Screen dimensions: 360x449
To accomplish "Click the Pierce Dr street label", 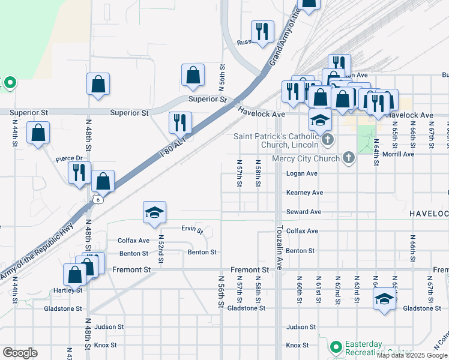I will point(68,159).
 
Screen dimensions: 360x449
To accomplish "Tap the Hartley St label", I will point(71,290).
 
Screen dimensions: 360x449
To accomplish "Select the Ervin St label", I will point(192,229).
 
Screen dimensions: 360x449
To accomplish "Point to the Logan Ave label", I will point(301,173).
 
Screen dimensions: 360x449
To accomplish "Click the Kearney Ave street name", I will point(304,193).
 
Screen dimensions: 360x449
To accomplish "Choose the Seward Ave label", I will point(304,212).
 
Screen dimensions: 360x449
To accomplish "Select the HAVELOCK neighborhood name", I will point(429,214).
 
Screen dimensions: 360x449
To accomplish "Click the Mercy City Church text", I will point(306,159).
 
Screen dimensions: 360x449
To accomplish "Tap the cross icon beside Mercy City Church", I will point(348,159).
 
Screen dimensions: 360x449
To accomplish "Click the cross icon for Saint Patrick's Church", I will point(327,140).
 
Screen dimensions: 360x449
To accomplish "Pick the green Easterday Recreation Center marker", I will point(336,347).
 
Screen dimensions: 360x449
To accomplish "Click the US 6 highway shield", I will point(98,199).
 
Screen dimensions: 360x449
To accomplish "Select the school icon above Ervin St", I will point(154,212).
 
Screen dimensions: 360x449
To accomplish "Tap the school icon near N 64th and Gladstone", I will point(384,299).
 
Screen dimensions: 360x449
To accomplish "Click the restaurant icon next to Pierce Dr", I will point(79,172).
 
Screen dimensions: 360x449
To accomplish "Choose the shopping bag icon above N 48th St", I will point(98,84).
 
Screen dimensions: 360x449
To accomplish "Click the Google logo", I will point(20,353).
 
